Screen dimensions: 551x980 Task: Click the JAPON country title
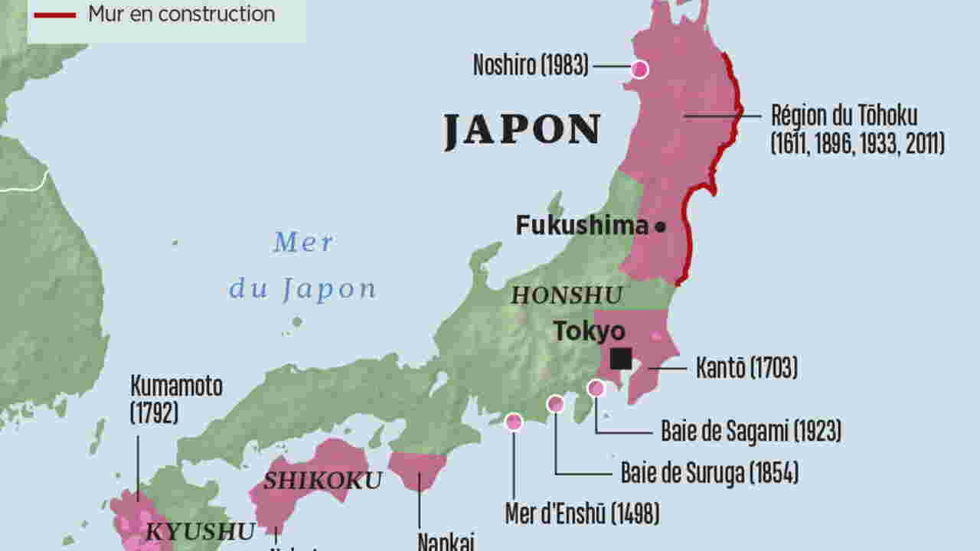point(522,130)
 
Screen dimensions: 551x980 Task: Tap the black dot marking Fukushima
point(660,227)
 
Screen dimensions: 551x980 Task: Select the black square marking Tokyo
point(621,359)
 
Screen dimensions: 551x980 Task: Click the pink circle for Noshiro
point(639,70)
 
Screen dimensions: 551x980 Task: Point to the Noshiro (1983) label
point(531,67)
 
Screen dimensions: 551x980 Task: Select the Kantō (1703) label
point(746,368)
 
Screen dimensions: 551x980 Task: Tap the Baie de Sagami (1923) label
point(750,432)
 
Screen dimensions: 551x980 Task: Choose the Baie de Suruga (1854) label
point(709,474)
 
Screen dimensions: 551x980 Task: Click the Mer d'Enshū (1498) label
point(582,514)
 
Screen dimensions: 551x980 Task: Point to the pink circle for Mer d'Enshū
point(514,421)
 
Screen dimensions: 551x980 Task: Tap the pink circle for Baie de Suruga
point(556,403)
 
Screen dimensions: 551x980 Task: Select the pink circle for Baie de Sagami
point(596,389)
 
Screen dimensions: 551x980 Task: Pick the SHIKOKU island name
point(322,481)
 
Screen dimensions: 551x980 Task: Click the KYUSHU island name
point(201,531)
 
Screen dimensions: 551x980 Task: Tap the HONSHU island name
point(567,295)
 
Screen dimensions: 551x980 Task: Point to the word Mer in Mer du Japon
point(303,243)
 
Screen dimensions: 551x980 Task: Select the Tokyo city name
point(589,331)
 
